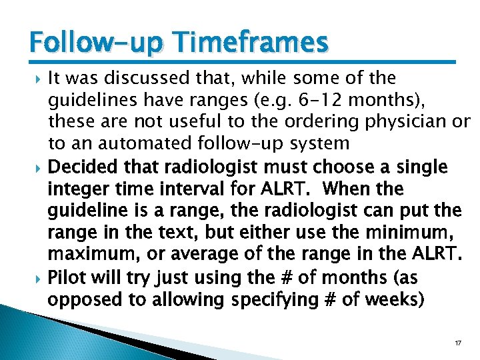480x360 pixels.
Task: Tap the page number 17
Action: coord(458,343)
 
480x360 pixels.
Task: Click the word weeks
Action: coord(395,299)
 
